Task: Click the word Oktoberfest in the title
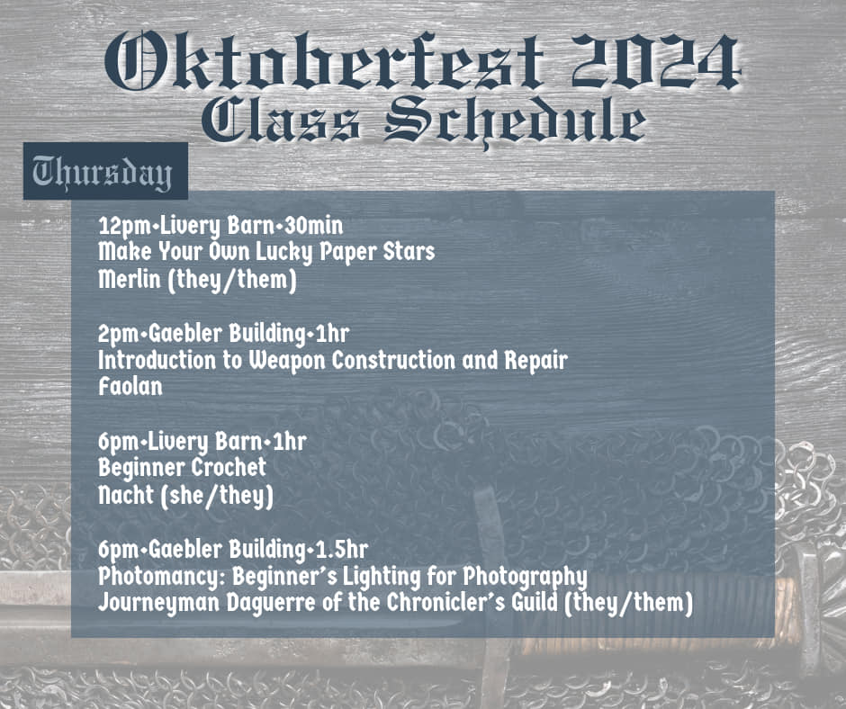tap(324, 61)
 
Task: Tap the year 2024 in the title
tap(655, 61)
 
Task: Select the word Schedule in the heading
tap(515, 122)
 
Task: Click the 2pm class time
tap(118, 334)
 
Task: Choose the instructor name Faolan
tap(130, 387)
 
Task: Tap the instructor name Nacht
tap(126, 495)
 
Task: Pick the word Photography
tap(525, 577)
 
